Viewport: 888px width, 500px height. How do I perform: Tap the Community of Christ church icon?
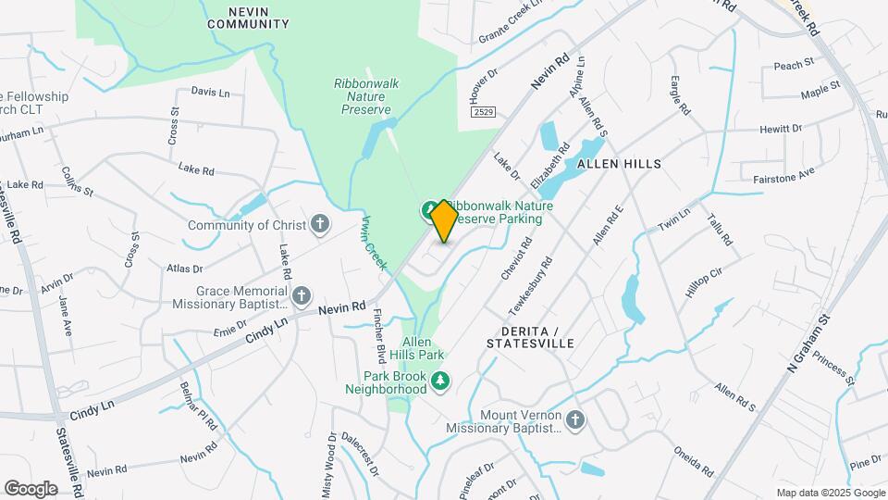click(x=319, y=223)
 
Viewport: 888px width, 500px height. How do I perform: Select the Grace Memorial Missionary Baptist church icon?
click(x=301, y=295)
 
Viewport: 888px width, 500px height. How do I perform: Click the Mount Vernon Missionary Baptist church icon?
click(x=574, y=421)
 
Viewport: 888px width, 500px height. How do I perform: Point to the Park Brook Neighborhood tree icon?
click(x=442, y=380)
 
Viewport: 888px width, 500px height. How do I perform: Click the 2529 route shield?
click(x=481, y=112)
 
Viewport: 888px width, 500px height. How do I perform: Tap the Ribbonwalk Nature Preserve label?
click(x=366, y=96)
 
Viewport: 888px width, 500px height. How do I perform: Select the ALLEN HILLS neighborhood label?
click(x=619, y=164)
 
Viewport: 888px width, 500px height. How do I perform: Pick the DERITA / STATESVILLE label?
click(x=537, y=337)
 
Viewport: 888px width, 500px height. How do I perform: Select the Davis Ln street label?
click(x=210, y=92)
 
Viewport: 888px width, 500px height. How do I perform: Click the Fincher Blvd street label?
click(x=378, y=339)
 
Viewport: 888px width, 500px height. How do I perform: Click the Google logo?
click(x=31, y=488)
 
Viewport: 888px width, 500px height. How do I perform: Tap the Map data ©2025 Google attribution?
click(x=830, y=493)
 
